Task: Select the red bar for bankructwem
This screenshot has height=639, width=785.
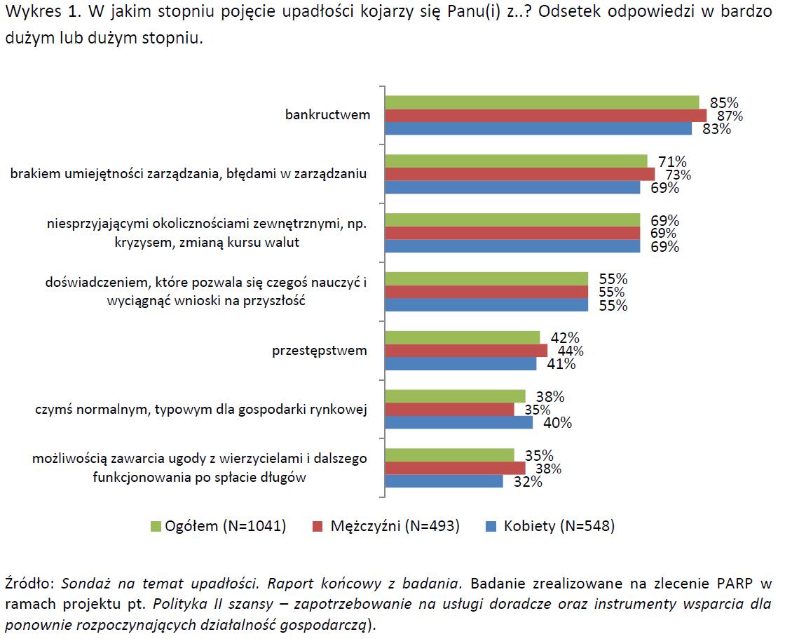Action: pyautogui.click(x=546, y=116)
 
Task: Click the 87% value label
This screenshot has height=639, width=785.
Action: pyautogui.click(x=730, y=116)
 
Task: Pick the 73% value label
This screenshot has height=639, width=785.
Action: pyautogui.click(x=677, y=175)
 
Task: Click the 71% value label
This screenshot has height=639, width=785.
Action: pyautogui.click(x=671, y=161)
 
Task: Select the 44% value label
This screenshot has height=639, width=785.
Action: pyautogui.click(x=569, y=351)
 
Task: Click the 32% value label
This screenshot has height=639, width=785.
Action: pyautogui.click(x=526, y=482)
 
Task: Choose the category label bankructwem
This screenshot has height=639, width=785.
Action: pyautogui.click(x=327, y=115)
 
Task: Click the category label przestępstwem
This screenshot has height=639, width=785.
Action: pyautogui.click(x=320, y=351)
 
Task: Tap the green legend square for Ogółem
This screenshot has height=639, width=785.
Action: pyautogui.click(x=156, y=526)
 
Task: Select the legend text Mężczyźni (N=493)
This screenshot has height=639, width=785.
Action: pyautogui.click(x=395, y=526)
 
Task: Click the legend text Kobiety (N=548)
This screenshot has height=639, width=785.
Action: pyautogui.click(x=559, y=526)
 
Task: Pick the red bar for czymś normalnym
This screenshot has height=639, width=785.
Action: pyautogui.click(x=449, y=410)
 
